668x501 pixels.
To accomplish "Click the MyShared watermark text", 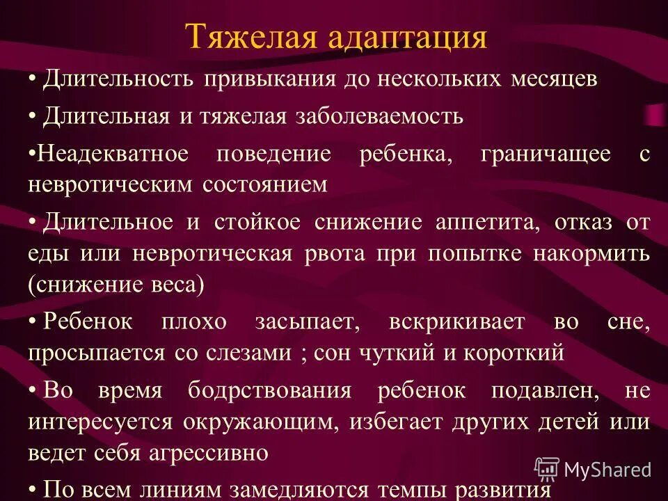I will pos(607,470).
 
